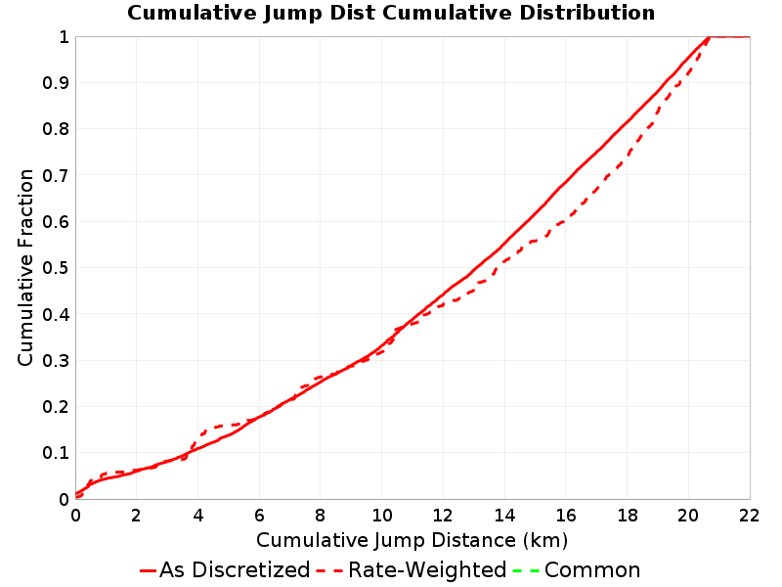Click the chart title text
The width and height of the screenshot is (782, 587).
pos(391,13)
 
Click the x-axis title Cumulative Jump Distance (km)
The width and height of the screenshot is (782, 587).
pos(412,540)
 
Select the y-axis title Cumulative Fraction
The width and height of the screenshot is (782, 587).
pos(25,267)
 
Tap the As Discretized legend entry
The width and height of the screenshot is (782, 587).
pos(225,569)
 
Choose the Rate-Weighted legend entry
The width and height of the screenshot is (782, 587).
pos(412,569)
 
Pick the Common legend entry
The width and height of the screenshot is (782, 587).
pos(576,569)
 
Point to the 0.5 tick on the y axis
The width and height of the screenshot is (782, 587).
pos(56,268)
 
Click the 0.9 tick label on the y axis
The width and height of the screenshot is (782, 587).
pos(56,83)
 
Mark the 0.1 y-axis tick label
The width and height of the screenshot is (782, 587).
pos(56,453)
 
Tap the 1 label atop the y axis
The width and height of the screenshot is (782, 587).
pos(64,37)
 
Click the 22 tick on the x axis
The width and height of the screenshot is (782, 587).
pos(749,516)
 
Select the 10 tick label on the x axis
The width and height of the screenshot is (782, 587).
pos(382,516)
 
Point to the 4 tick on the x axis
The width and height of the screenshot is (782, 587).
pos(198,516)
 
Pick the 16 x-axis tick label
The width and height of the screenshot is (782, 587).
pos(566,516)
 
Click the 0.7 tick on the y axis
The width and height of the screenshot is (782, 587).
pos(56,176)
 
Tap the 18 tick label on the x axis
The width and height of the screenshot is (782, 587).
pos(627,516)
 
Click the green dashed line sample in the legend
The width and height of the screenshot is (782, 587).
pos(526,570)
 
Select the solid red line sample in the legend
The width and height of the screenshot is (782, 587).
pos(149,570)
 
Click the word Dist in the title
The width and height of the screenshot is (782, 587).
pos(353,13)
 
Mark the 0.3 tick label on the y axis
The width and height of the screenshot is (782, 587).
pos(56,361)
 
